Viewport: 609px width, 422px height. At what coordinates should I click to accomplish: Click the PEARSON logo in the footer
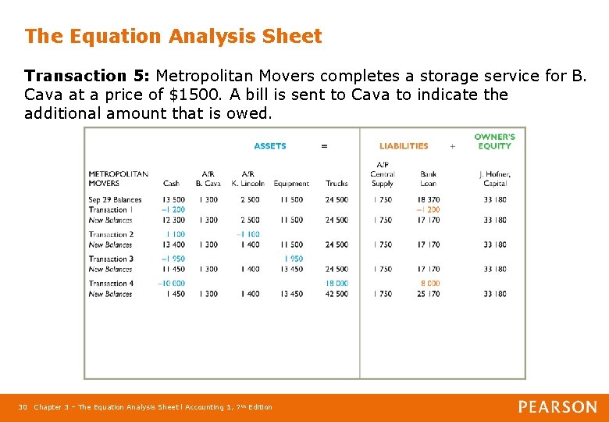[557, 406]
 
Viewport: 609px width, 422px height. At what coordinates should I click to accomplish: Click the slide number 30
[23, 407]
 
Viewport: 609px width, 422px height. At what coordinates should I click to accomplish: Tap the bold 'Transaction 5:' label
[87, 77]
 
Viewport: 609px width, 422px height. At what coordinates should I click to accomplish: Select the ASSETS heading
[270, 146]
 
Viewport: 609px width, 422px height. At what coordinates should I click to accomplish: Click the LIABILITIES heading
[404, 146]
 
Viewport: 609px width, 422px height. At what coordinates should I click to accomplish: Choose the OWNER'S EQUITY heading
[494, 141]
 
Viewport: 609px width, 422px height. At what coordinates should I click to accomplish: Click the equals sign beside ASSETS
[325, 146]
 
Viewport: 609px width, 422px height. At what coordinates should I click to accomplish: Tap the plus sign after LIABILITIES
[452, 146]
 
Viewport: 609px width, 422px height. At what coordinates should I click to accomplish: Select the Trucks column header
[337, 184]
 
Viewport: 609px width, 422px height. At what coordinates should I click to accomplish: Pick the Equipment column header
[291, 184]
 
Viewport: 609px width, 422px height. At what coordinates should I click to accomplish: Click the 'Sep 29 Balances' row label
[115, 200]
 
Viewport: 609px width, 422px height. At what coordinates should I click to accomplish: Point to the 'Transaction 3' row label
[111, 259]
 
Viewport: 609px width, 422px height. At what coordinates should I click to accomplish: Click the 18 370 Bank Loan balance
[428, 200]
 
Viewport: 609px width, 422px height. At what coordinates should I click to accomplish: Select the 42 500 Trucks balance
[337, 294]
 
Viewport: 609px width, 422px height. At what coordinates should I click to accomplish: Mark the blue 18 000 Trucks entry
[337, 284]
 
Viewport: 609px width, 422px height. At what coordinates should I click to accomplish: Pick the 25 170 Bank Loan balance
[428, 294]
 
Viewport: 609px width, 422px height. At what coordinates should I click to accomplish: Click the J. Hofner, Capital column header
[495, 179]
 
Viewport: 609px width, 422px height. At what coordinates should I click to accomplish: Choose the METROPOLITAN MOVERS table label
[118, 179]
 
